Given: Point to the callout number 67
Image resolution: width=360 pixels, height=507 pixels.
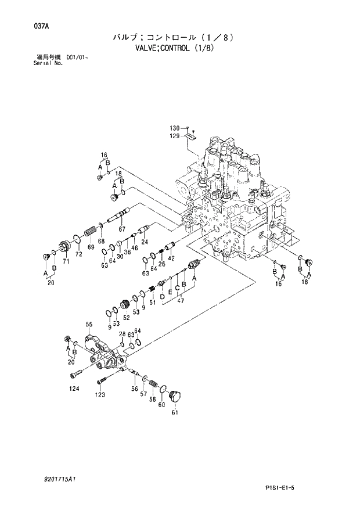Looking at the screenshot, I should [x=122, y=229].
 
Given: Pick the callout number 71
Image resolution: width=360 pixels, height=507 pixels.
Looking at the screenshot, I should [x=66, y=263].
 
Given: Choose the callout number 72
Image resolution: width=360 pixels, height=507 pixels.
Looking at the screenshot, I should [x=78, y=254].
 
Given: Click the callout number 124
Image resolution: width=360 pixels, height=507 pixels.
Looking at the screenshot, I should [x=74, y=389].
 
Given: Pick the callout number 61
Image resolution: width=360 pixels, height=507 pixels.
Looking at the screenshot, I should [x=174, y=413].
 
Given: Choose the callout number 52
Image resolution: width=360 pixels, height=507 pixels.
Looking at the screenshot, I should [x=125, y=318].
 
